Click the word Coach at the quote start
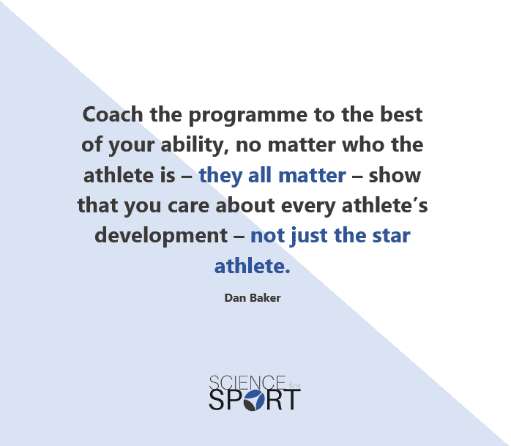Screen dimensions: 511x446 113,114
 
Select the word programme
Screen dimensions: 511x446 248,116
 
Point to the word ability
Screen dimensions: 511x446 194,146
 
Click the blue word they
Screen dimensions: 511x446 220,176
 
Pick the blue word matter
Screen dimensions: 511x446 312,176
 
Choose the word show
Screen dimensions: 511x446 395,175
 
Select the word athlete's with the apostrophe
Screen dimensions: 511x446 384,205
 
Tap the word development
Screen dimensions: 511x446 161,237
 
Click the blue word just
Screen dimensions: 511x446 309,237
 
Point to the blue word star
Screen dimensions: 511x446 391,236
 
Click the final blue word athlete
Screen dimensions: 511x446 253,266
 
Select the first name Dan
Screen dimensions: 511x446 235,297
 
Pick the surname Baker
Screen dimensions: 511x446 265,297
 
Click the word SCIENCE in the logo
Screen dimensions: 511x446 247,383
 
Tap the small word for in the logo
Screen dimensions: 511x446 294,386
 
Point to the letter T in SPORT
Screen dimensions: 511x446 291,400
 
